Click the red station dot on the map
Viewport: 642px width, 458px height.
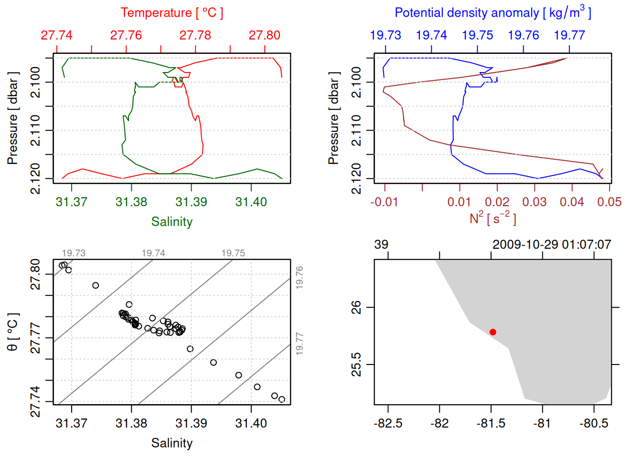tap(493, 332)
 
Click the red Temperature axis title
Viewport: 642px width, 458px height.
tap(171, 13)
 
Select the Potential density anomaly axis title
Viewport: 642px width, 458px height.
tap(492, 13)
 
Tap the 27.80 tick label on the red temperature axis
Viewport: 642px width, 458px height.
tap(265, 35)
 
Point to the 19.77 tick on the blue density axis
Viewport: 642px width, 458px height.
tap(569, 35)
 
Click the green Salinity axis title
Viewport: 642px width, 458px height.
tap(171, 222)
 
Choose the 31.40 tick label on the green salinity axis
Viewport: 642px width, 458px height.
tap(251, 202)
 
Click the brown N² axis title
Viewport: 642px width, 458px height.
tap(492, 219)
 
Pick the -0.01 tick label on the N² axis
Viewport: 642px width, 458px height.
tap(384, 202)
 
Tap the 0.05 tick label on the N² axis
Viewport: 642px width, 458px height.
tap(609, 202)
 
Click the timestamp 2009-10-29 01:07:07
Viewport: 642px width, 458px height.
tap(552, 245)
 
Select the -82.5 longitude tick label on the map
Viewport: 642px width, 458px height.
tap(388, 424)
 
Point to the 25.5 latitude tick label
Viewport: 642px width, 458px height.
tap(357, 365)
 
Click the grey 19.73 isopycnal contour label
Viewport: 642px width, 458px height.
tap(74, 253)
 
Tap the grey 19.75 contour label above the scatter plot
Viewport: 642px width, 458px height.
tap(233, 253)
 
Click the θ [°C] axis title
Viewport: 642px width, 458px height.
tap(13, 332)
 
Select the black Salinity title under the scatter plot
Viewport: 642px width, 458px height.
tap(171, 443)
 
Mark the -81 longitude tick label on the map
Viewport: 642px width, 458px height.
tap(542, 424)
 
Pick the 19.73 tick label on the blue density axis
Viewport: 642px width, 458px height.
tap(385, 35)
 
